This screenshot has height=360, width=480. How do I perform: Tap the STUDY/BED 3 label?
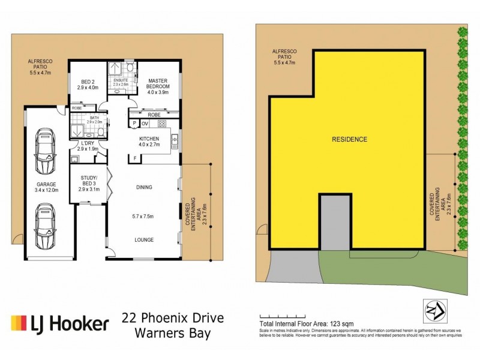coord(88,182)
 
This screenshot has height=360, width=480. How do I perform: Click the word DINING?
coord(144,187)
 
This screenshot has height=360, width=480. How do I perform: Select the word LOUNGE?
coord(144,240)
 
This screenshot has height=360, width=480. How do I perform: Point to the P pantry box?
coord(134,124)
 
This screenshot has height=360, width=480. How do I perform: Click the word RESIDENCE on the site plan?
coord(349,139)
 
